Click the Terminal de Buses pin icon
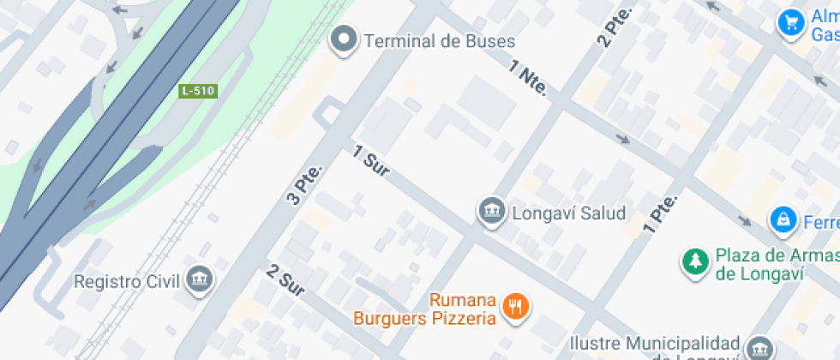pos(345,39)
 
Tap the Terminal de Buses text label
pos(439,41)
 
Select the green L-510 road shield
pos(197,90)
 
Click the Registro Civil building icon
pos(200,279)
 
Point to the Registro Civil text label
pos(126,280)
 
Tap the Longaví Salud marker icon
pos(491,211)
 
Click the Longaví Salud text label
pos(568,213)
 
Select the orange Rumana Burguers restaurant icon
pos(515,305)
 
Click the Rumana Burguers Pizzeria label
pos(426,309)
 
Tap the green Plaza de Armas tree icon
pos(693,262)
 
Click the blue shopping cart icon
pos(789,22)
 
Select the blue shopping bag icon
pos(782,221)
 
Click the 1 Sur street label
pos(372,161)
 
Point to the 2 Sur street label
pos(286,282)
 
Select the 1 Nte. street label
pos(528,78)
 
